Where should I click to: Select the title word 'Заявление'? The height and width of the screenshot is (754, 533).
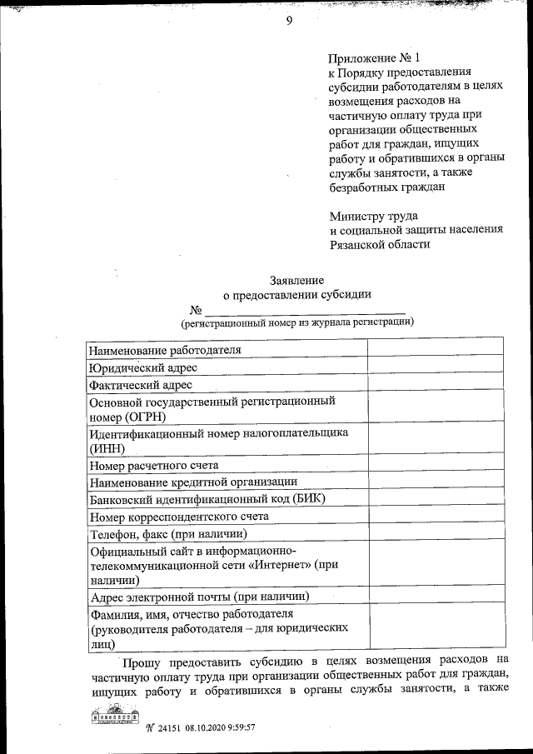click(x=296, y=280)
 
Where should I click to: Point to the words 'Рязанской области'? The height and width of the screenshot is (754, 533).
click(x=381, y=245)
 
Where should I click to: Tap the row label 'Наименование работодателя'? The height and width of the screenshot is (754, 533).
click(x=165, y=349)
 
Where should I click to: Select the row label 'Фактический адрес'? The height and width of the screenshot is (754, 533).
click(x=141, y=385)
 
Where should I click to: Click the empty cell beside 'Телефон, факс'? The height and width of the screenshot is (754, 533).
click(x=435, y=533)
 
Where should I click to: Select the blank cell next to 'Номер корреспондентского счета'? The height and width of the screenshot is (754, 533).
click(x=435, y=517)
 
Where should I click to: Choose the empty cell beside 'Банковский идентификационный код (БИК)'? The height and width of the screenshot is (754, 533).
click(x=435, y=499)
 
